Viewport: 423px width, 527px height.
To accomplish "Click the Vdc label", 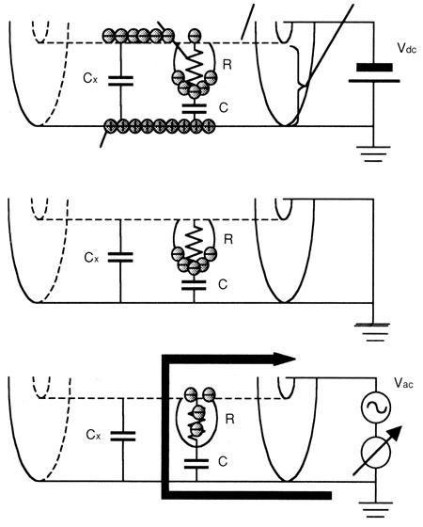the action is click(x=406, y=48).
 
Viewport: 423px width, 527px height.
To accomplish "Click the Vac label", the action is click(x=404, y=383).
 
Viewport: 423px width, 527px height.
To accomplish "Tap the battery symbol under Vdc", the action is click(x=374, y=72).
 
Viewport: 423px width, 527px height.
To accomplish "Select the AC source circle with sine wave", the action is click(x=376, y=407).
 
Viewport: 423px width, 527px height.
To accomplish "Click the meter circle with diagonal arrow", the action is click(x=376, y=452).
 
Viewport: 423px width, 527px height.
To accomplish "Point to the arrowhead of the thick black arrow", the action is click(x=285, y=359).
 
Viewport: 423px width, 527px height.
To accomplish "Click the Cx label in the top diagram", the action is click(x=90, y=78).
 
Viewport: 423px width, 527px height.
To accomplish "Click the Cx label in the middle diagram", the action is click(x=91, y=258).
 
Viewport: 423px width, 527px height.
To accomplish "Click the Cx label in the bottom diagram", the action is click(x=93, y=435).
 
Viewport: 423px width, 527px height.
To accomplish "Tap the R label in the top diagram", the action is click(x=227, y=64).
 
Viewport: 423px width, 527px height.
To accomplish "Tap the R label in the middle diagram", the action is click(x=228, y=239).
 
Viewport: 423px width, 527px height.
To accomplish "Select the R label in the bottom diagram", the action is click(x=229, y=419).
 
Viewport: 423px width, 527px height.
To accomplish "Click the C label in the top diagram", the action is click(x=224, y=107).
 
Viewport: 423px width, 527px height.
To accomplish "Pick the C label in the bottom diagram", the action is click(x=223, y=461).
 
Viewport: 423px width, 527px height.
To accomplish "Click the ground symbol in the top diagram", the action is click(x=373, y=153).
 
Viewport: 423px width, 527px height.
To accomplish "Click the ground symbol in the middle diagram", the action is click(x=372, y=332).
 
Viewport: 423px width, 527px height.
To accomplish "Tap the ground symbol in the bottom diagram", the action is click(x=376, y=510).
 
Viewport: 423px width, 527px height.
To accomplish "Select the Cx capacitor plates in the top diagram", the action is click(x=120, y=81).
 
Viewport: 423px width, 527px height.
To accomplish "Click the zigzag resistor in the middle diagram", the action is click(x=194, y=242).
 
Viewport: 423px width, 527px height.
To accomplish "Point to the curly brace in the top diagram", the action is click(x=298, y=84).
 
